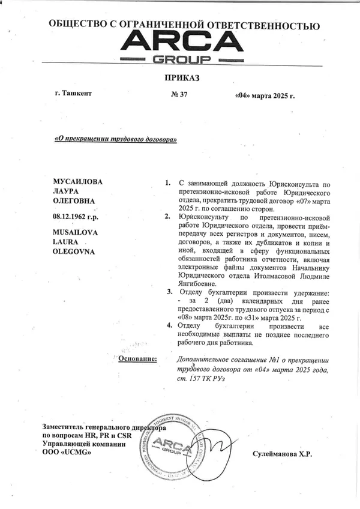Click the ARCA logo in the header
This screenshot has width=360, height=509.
[179, 47]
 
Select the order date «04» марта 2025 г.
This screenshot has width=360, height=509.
[265, 96]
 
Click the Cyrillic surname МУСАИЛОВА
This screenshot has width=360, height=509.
[79, 181]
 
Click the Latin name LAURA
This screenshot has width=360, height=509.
[67, 242]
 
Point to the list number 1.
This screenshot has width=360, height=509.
[167, 182]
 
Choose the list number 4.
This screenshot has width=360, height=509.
[170, 325]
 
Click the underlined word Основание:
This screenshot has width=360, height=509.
[137, 358]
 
